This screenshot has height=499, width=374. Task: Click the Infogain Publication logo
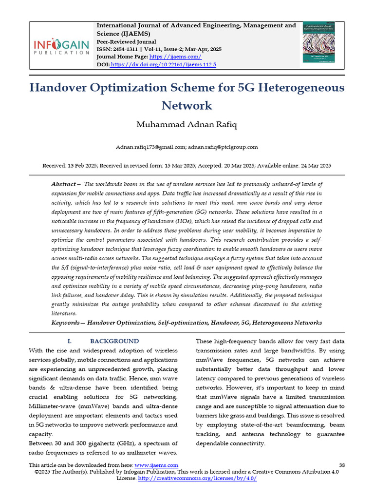[x=61, y=47]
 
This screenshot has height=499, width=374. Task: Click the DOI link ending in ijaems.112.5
[x=164, y=64]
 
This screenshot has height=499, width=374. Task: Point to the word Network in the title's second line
[x=187, y=106]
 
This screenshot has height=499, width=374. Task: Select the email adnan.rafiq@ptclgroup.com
[x=223, y=147]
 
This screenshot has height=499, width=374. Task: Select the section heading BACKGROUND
[x=114, y=341]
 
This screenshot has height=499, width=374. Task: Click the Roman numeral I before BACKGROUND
[x=69, y=341]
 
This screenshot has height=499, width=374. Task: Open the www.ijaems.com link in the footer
[x=156, y=465]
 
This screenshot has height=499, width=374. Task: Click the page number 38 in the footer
[x=341, y=465]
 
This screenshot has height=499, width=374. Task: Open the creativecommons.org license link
[x=197, y=479]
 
